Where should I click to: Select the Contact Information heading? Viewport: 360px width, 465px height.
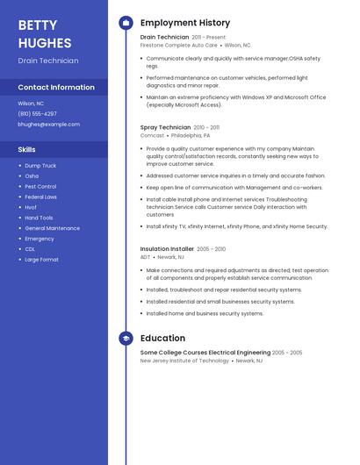pyautogui.click(x=56, y=88)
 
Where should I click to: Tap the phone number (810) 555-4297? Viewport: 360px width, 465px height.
pyautogui.click(x=38, y=113)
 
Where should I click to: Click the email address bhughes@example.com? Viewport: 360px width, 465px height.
pyautogui.click(x=48, y=125)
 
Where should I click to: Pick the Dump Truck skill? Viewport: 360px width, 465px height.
pyautogui.click(x=40, y=165)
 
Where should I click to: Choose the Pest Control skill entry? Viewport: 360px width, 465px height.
pyautogui.click(x=40, y=186)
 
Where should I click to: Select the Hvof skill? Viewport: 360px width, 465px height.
pyautogui.click(x=31, y=207)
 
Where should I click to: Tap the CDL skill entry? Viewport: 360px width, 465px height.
pyautogui.click(x=30, y=249)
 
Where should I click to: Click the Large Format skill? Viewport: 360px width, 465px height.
pyautogui.click(x=42, y=260)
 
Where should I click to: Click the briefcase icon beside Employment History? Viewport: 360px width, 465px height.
pyautogui.click(x=126, y=23)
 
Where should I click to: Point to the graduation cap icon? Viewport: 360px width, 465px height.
pyautogui.click(x=126, y=338)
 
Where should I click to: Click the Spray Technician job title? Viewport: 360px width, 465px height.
pyautogui.click(x=165, y=127)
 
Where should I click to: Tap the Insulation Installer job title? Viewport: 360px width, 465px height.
pyautogui.click(x=167, y=249)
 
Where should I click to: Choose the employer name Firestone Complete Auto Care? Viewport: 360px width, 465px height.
pyautogui.click(x=179, y=45)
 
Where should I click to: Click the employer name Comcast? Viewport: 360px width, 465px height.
pyautogui.click(x=152, y=136)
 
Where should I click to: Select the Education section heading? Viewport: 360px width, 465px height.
pyautogui.click(x=162, y=338)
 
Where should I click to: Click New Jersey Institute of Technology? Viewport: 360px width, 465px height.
pyautogui.click(x=184, y=361)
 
